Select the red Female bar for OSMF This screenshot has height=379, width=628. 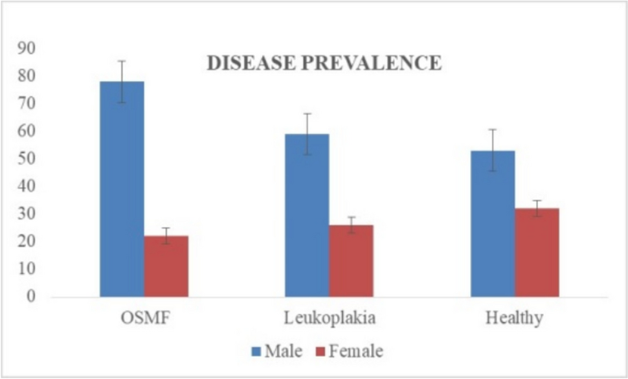click(x=166, y=266)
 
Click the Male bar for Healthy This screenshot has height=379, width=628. click(x=493, y=224)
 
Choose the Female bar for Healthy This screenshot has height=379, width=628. click(x=537, y=253)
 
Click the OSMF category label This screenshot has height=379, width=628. click(x=143, y=319)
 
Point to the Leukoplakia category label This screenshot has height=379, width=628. click(x=329, y=319)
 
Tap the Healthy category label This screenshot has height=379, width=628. click(x=515, y=319)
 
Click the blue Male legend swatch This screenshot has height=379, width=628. click(x=257, y=352)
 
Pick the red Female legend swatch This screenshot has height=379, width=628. click(x=320, y=352)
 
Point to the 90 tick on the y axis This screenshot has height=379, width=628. click(x=27, y=48)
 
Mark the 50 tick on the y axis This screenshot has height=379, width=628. click(x=27, y=159)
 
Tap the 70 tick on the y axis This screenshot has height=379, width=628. click(x=27, y=104)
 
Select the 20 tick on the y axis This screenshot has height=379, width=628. click(x=27, y=242)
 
